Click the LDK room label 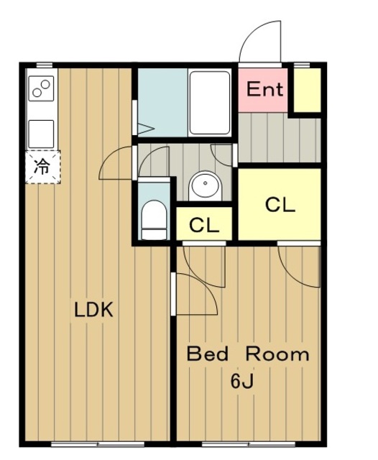[93, 310]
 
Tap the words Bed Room [248, 354]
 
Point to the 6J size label [242, 382]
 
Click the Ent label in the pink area [264, 89]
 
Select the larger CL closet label [280, 204]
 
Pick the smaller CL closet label [204, 225]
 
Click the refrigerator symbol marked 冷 [43, 167]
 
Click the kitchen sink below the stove [41, 134]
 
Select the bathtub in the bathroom [209, 103]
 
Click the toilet [154, 220]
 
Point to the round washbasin [205, 185]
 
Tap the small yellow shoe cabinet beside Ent [307, 90]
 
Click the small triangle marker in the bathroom [146, 129]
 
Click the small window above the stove [45, 65]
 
